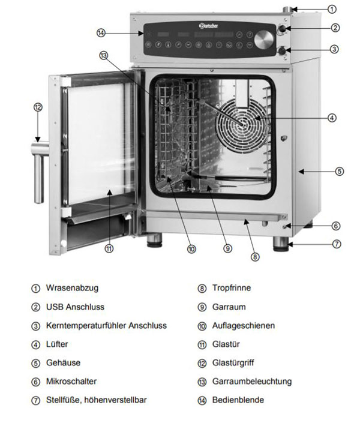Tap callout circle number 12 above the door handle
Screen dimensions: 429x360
pos(38,107)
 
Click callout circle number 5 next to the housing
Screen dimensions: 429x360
pos(339,171)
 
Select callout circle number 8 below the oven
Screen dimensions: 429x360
pos(255,257)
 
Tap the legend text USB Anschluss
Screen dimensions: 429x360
pos(75,307)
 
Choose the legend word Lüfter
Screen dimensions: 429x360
pos(57,344)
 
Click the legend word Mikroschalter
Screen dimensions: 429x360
pos(71,381)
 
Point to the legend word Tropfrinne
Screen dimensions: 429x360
pos(232,288)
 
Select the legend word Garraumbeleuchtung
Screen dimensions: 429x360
pos(252,381)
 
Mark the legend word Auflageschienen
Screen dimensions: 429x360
pos(244,325)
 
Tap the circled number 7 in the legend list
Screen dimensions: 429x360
pos(35,400)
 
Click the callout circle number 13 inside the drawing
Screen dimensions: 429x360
pos(104,56)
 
